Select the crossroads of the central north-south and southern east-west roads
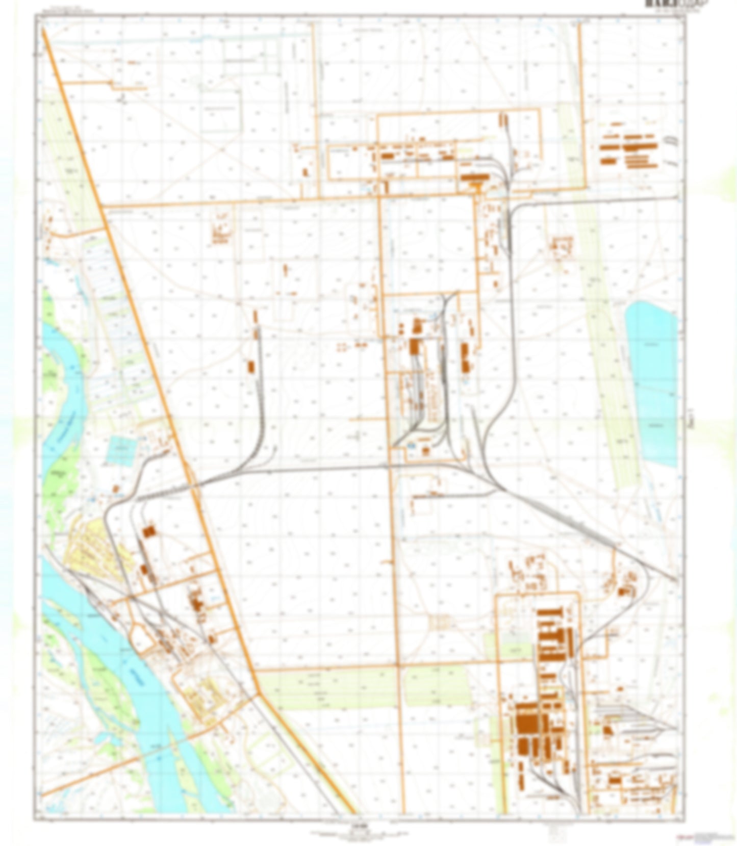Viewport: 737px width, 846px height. [x=397, y=665]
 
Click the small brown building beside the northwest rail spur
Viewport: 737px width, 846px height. [x=250, y=366]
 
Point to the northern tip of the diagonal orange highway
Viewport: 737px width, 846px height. [x=43, y=31]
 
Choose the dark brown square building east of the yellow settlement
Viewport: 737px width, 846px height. [x=148, y=531]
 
